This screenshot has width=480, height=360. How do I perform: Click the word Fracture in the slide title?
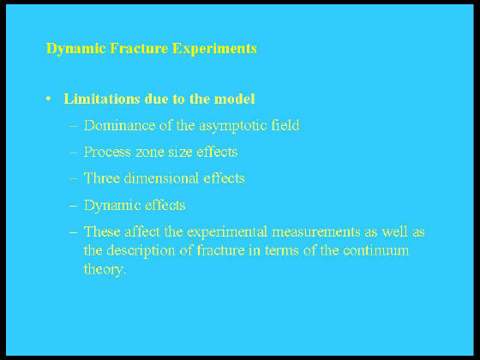[x=139, y=48]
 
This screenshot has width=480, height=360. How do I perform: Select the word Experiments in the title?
[x=214, y=49]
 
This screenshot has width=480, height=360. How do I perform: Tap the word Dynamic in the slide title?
[x=76, y=49]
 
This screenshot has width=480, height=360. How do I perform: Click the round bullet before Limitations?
[x=48, y=99]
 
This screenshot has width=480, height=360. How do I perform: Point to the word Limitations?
[x=102, y=99]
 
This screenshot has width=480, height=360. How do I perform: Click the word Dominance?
[x=119, y=125]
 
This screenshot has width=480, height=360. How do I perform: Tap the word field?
[x=285, y=125]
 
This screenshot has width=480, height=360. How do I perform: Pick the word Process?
[x=107, y=152]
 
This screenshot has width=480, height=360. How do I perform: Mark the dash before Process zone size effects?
[x=73, y=153]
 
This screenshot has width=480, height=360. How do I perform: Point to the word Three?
[x=102, y=178]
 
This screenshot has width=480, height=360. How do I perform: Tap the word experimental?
[x=227, y=232]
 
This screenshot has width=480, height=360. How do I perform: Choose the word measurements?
[x=316, y=232]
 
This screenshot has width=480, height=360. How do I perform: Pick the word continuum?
[x=375, y=250]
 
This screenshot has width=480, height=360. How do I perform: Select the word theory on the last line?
[x=104, y=270]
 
